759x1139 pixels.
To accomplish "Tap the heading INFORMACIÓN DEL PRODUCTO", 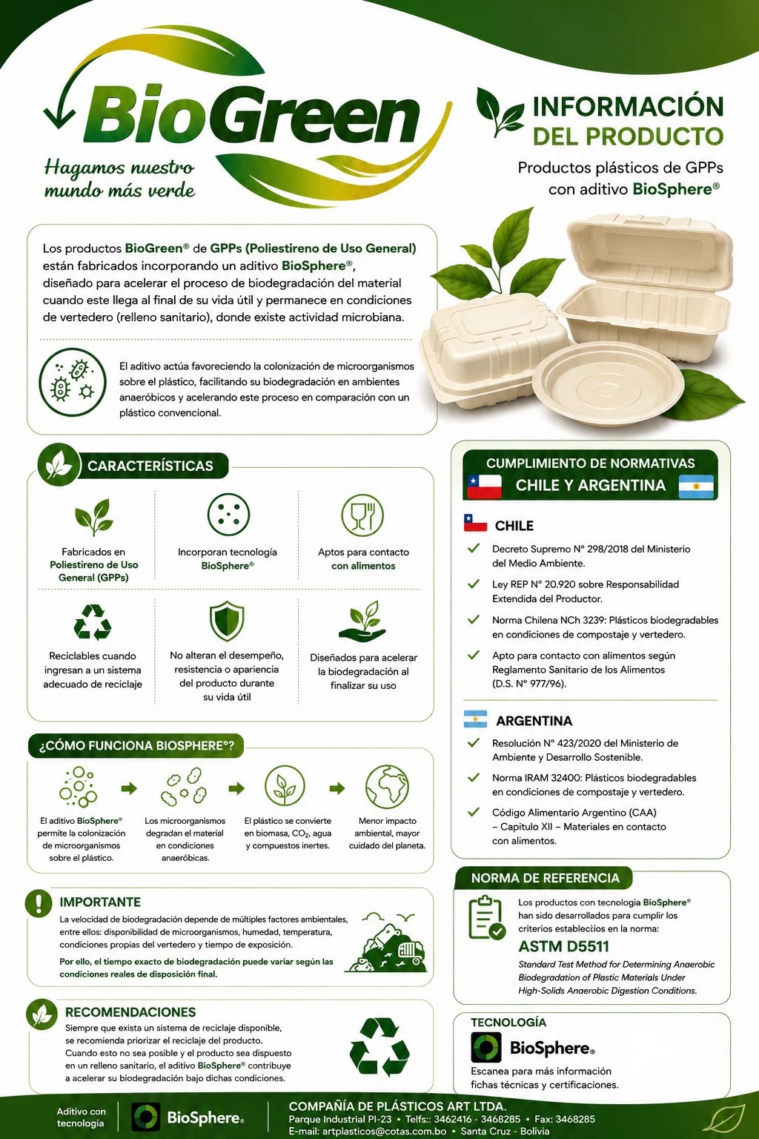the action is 628,121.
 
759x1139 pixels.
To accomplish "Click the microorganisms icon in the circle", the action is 73,382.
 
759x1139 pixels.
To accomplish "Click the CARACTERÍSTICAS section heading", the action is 150,466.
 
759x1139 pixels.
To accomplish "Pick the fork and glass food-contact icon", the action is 362,515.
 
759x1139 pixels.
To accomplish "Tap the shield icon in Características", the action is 227,621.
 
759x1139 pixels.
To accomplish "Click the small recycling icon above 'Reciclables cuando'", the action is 93,621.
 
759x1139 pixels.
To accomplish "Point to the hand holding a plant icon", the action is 362,621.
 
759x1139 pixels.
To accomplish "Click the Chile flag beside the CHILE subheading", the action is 475,523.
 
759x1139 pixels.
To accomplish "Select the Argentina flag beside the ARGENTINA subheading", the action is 475,719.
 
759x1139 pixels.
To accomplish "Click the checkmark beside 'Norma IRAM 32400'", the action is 474,777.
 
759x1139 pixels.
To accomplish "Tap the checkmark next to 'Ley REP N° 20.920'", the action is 474,584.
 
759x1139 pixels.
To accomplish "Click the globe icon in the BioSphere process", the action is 387,787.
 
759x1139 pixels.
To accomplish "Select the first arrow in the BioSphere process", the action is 129,788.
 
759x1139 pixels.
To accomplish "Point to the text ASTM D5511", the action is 563,946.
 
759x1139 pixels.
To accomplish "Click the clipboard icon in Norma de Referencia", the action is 486,918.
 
